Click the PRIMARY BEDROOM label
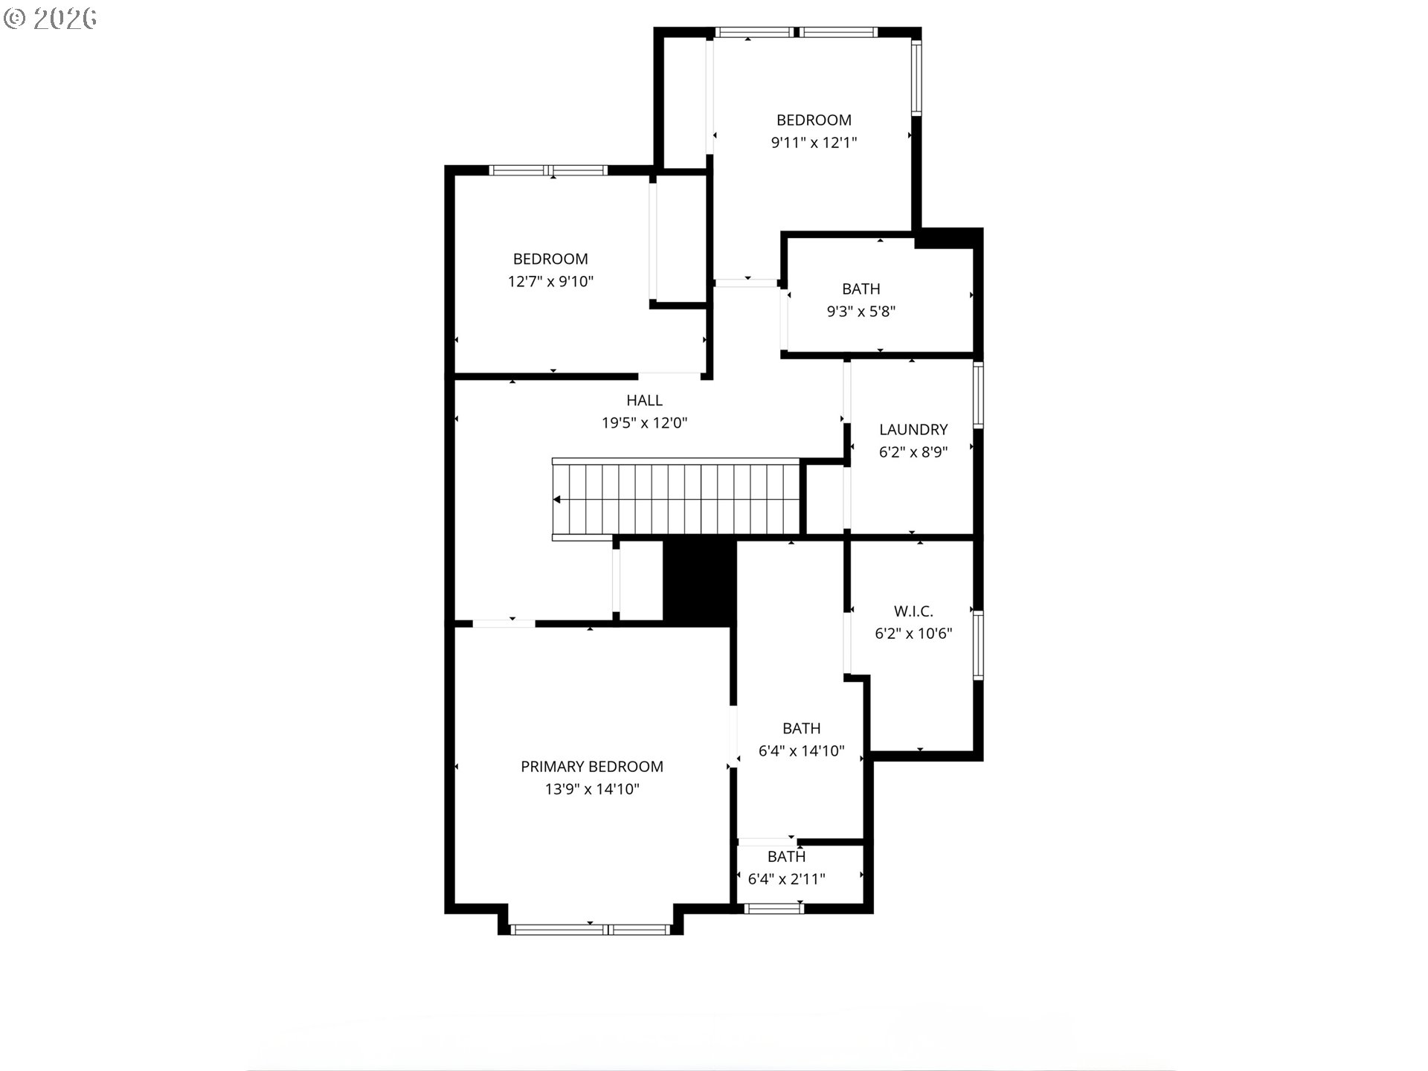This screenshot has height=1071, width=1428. pos(591,766)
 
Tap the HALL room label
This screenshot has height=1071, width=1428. pos(644,400)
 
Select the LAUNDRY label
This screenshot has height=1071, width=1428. pos(913,429)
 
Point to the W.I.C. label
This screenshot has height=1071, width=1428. pos(913,611)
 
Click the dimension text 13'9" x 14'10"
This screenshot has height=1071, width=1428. pos(592,789)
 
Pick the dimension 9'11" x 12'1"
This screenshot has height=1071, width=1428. pos(814,142)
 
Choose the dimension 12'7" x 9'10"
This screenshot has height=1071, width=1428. pos(550,281)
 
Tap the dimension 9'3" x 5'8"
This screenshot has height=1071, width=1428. pos(861,311)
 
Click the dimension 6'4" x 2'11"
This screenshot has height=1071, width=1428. pos(786,879)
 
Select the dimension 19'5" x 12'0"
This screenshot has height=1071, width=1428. pos(644,423)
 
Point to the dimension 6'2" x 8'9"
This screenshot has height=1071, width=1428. pos(913,452)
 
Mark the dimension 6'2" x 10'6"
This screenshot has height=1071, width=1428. pos(913,634)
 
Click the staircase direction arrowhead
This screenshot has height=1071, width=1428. pos(556,500)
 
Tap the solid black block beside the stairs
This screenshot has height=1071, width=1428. pos(699,582)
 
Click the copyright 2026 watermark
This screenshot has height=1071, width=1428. pos(51,19)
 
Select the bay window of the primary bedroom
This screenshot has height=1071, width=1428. pos(591,929)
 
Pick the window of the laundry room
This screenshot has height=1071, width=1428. pos(979,394)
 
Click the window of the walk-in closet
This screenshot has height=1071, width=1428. pos(979,645)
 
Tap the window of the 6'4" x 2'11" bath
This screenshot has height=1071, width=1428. pos(773,908)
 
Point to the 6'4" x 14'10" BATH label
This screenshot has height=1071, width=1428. pos(801,728)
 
